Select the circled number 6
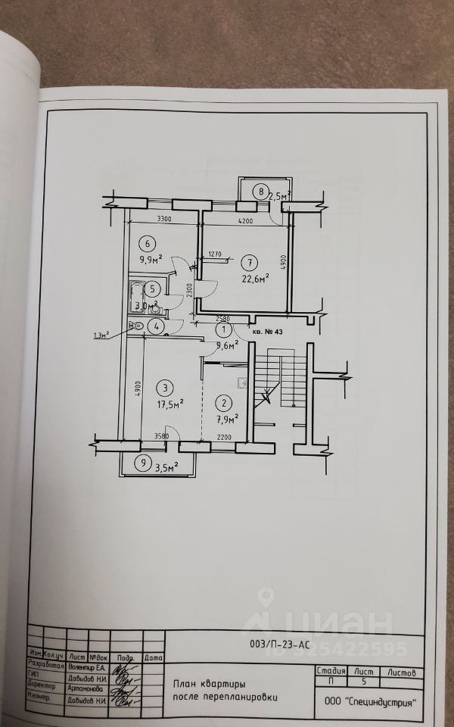[x=148, y=243]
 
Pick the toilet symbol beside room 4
[x=136, y=326]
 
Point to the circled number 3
[x=163, y=388]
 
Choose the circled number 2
[x=224, y=403]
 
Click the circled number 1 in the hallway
[x=224, y=330]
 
